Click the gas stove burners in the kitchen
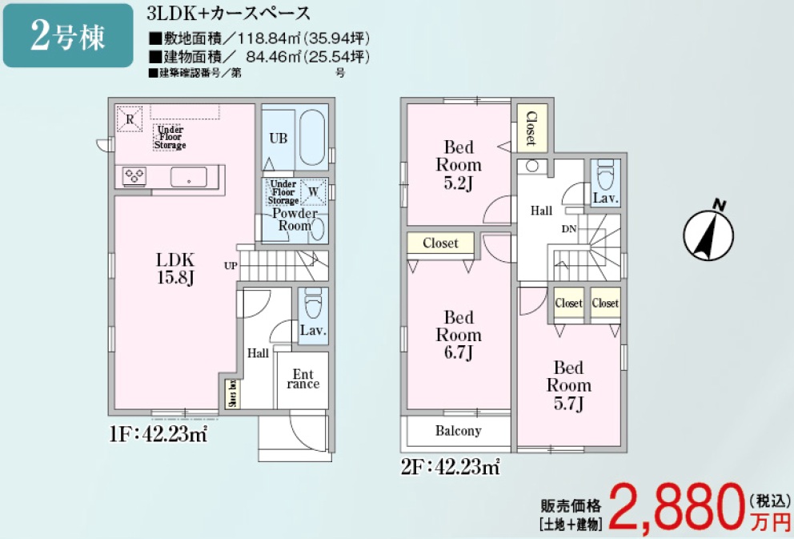[x=133, y=175]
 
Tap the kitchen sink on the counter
[x=189, y=176]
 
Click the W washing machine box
[x=314, y=191]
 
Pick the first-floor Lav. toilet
[x=313, y=308]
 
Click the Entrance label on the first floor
[x=303, y=379]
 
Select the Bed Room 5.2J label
[x=459, y=165]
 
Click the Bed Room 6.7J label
[x=459, y=335]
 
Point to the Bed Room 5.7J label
[x=568, y=385]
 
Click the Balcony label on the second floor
[x=459, y=431]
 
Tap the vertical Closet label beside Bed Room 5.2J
[x=531, y=127]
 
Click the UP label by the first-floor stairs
[x=231, y=265]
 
